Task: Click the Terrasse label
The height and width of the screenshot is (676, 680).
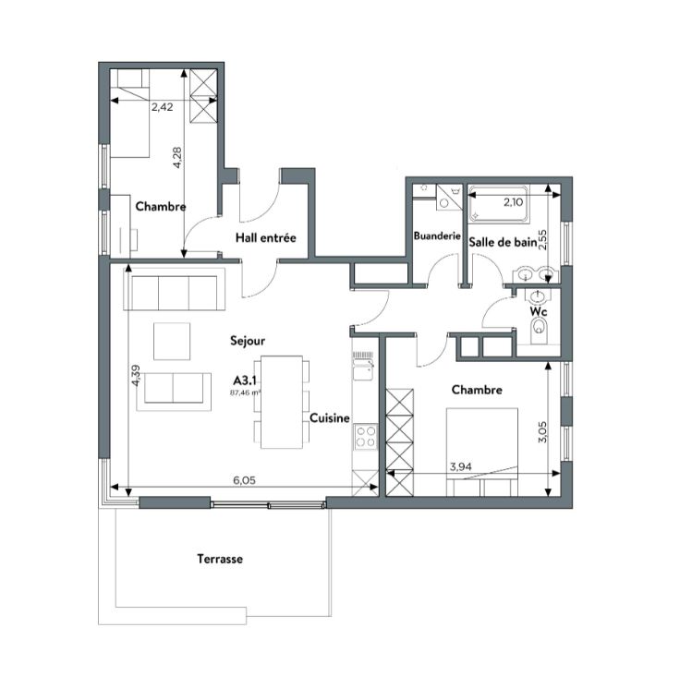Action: [x=220, y=559]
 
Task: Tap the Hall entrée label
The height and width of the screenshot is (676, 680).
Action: [x=266, y=237]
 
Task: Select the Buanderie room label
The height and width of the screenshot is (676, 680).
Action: [x=437, y=235]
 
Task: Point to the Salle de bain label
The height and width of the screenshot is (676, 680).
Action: [x=503, y=242]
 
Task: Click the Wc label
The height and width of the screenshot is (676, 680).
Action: [x=539, y=312]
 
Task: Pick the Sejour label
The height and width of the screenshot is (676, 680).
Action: [x=248, y=341]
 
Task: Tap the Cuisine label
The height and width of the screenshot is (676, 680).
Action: [x=330, y=418]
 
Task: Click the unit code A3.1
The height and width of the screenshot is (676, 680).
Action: [x=245, y=380]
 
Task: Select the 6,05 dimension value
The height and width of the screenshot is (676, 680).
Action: [x=245, y=480]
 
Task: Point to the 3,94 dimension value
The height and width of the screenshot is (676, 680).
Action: [x=460, y=467]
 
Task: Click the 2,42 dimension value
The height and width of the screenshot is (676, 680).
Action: [x=163, y=107]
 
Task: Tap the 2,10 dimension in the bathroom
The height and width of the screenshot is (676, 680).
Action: [x=514, y=202]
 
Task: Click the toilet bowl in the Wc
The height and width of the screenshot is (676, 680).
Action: [x=539, y=327]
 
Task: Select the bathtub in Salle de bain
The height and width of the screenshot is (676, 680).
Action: [x=498, y=205]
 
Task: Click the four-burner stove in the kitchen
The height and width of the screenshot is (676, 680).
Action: [x=366, y=437]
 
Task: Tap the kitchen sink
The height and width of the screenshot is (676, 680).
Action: [x=363, y=366]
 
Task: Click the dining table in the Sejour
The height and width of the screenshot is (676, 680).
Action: [x=282, y=402]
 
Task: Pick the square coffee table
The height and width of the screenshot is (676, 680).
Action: [x=172, y=342]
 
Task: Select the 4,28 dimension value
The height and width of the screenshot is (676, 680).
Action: [x=177, y=158]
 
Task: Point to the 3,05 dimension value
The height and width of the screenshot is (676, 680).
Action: [x=542, y=432]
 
